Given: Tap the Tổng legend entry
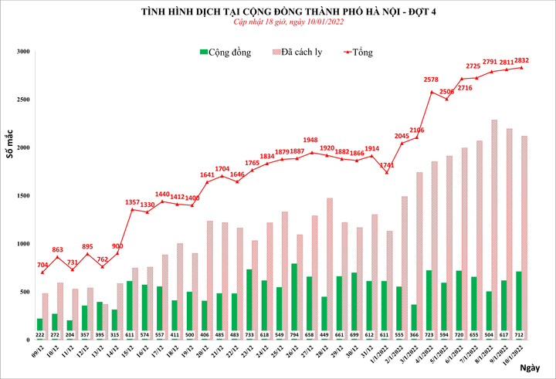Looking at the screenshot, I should pos(358,52).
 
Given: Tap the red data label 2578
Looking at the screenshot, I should pos(432,80).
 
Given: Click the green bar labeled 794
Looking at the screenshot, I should pos(294,301).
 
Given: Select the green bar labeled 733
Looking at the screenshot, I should pos(249,304).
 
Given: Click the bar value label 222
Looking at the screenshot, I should pos(39,335).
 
